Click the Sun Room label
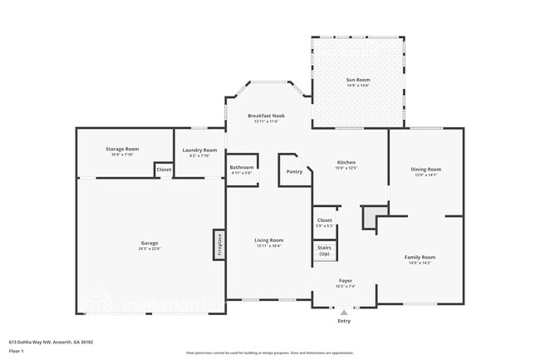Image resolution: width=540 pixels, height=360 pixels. [x=357, y=79]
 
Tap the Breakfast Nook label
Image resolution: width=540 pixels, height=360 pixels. [x=266, y=116]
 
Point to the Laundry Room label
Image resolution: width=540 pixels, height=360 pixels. [x=199, y=150]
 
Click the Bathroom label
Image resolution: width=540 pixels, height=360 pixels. [x=241, y=168]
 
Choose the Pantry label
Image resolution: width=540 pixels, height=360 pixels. [x=294, y=171]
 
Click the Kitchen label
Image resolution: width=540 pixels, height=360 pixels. [x=346, y=162]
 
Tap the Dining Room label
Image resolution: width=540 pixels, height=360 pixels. [x=425, y=170]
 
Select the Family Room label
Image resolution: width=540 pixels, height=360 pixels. [x=420, y=257]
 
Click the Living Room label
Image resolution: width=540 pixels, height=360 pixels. [x=268, y=240]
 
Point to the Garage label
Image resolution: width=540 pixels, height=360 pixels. [x=150, y=243]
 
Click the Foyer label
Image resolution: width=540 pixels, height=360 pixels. [x=346, y=280]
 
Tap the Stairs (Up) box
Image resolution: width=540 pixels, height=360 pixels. [x=324, y=250]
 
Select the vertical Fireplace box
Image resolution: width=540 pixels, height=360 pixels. [x=218, y=244]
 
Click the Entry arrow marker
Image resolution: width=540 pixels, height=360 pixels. [x=344, y=312]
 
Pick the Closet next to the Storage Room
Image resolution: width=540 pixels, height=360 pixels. [x=164, y=170]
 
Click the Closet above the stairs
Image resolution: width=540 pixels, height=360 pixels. [x=324, y=220]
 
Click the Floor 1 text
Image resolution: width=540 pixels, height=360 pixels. [x=17, y=352]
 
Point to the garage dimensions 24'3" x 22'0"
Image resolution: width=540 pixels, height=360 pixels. [x=150, y=249]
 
